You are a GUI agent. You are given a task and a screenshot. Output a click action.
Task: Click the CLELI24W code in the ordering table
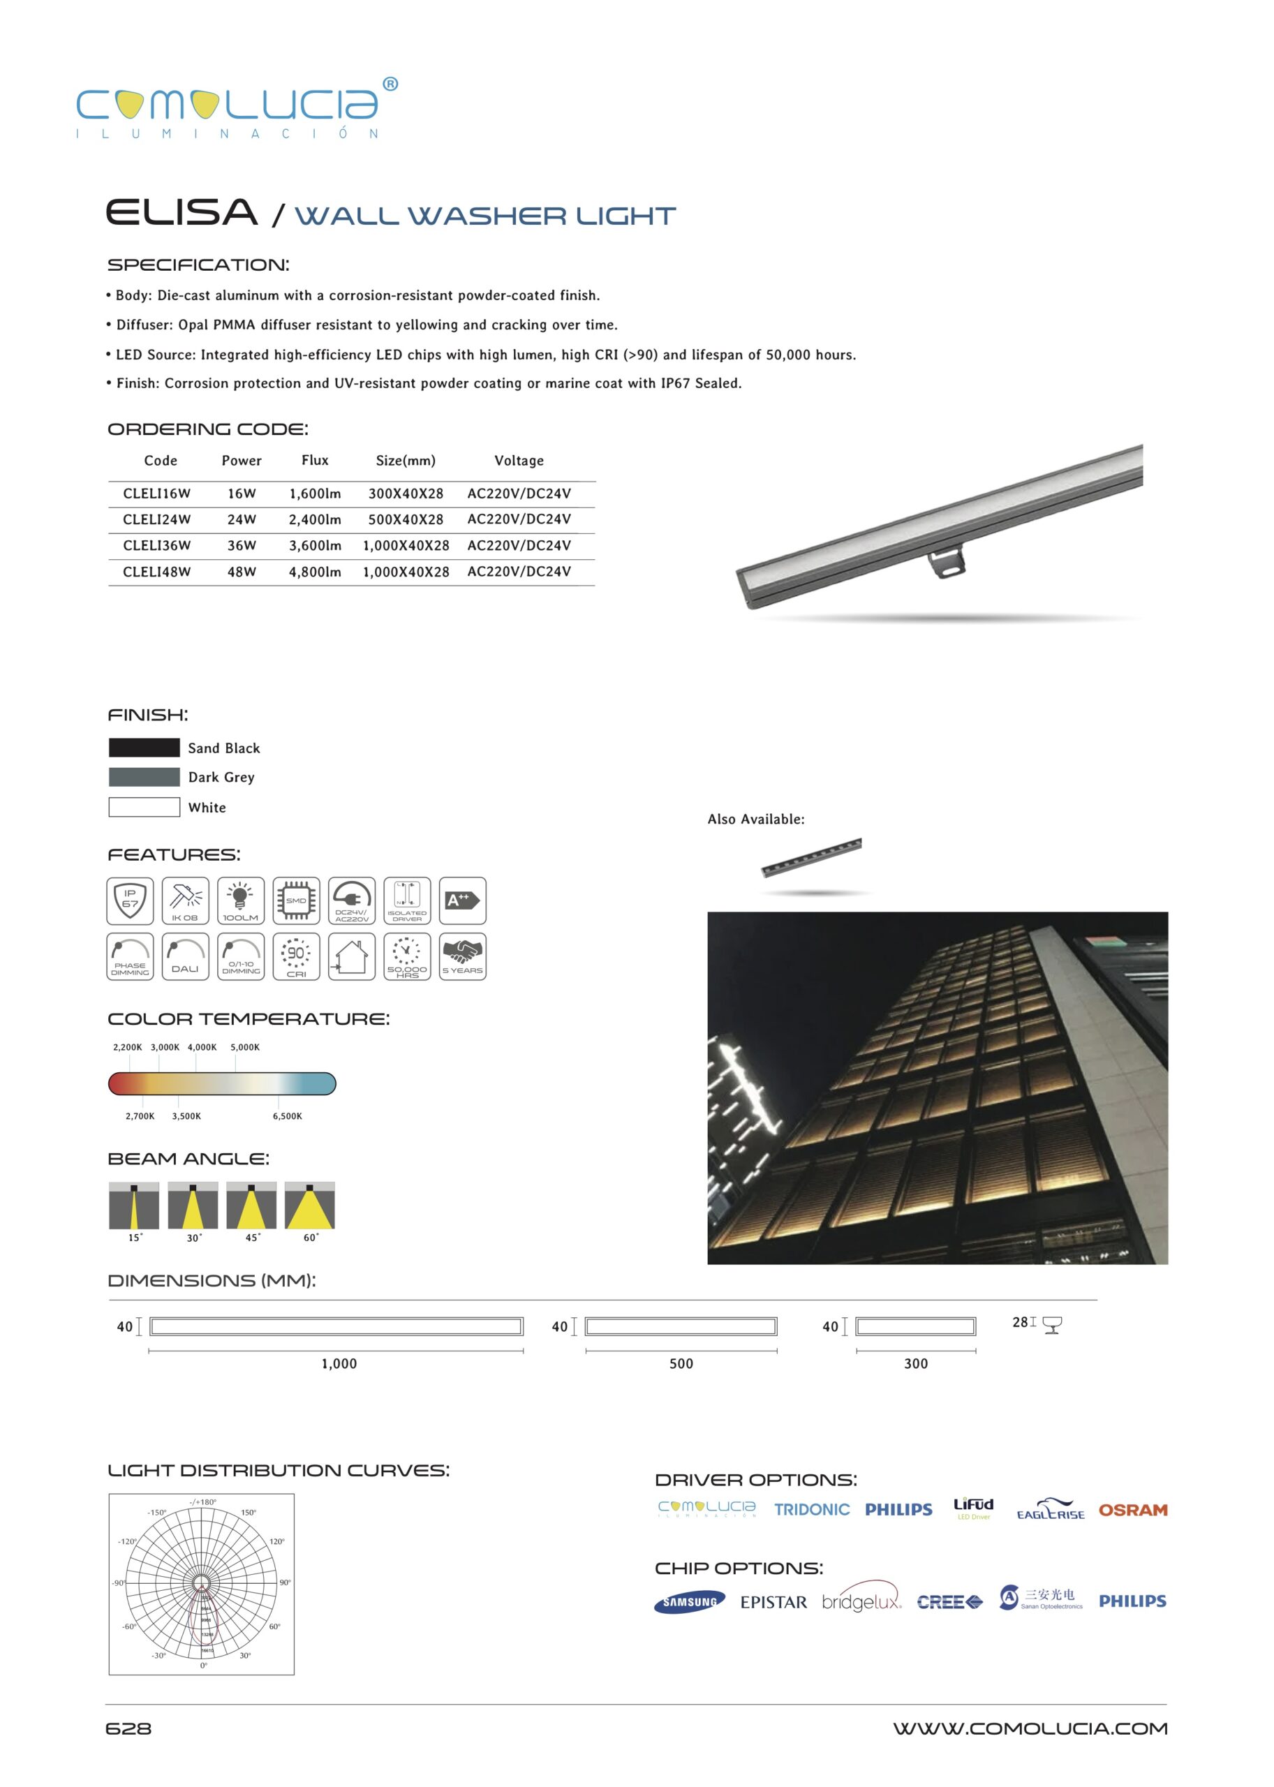[156, 519]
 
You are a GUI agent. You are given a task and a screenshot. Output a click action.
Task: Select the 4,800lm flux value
[315, 572]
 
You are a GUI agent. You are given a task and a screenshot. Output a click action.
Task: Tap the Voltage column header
[519, 461]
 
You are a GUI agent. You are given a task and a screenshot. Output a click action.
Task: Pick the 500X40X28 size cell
[406, 519]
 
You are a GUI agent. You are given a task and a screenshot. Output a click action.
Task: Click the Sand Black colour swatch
[144, 748]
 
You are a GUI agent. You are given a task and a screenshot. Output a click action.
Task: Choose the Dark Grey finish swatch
[144, 777]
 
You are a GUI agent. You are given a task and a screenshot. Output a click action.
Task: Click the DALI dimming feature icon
[185, 956]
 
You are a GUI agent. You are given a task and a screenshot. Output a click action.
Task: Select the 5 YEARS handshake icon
[462, 956]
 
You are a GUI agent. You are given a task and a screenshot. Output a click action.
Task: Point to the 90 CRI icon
[296, 956]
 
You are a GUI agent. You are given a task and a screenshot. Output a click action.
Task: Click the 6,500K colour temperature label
[287, 1116]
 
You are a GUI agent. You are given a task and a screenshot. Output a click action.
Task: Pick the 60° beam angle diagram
[309, 1206]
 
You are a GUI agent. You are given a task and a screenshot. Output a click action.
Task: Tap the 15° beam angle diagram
[134, 1206]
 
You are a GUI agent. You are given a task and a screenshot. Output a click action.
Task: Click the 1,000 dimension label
[339, 1363]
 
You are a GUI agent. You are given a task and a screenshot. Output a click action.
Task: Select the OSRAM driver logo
[1132, 1510]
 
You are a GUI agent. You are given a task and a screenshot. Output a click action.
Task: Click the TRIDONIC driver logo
[811, 1510]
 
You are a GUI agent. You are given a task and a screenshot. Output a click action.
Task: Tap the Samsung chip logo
[689, 1602]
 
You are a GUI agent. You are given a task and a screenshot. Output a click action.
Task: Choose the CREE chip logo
[949, 1602]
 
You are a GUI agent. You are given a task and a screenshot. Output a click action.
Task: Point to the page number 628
[128, 1728]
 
